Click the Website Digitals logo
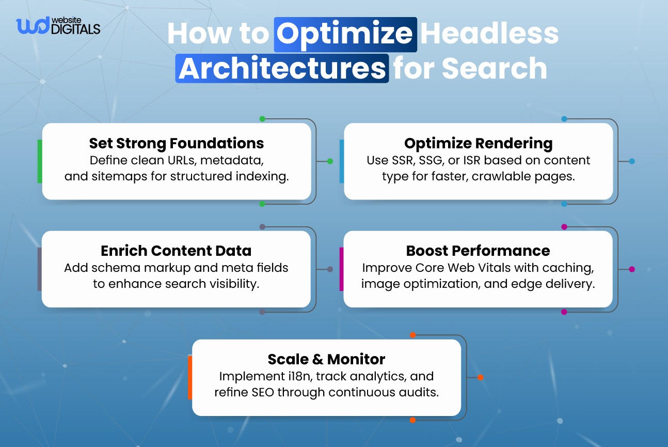click(58, 26)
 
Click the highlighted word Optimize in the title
click(345, 35)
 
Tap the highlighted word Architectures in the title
click(282, 68)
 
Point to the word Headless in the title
click(489, 33)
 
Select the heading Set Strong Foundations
click(177, 143)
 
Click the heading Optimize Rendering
click(479, 143)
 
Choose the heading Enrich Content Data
click(176, 251)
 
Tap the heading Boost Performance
click(478, 251)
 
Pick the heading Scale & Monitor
click(326, 359)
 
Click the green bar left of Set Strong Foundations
click(40, 161)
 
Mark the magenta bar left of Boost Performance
click(341, 269)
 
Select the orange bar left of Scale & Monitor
click(190, 377)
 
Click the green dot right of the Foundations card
click(330, 161)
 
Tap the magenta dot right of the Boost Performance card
click(632, 269)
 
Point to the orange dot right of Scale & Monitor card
click(481, 377)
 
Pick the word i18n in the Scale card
click(300, 376)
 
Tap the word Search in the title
click(495, 68)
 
